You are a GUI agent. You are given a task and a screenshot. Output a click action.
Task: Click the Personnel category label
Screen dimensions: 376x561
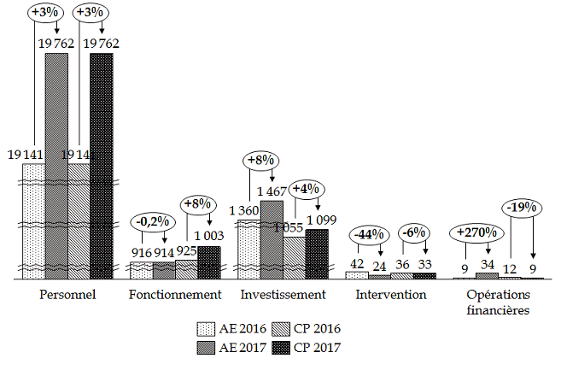click(68, 295)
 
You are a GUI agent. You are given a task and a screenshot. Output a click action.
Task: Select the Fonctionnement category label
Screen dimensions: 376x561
click(175, 295)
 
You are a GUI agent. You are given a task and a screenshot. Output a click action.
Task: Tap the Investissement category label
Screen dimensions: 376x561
click(283, 295)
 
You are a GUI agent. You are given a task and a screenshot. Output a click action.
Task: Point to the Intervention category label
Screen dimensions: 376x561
click(390, 295)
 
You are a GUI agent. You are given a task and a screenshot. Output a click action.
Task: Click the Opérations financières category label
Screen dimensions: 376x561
click(498, 302)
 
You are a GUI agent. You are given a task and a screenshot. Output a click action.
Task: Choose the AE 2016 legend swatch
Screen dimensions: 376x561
click(206, 329)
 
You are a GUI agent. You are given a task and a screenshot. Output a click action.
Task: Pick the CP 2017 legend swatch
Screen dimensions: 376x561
click(281, 348)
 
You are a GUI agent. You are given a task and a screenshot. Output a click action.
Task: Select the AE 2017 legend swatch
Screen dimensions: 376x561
click(206, 348)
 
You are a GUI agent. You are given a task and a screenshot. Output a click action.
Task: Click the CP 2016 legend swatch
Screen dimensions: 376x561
click(281, 329)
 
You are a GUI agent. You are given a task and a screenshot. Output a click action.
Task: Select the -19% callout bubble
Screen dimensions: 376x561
click(522, 206)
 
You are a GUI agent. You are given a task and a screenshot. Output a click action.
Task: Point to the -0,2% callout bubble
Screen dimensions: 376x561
click(153, 220)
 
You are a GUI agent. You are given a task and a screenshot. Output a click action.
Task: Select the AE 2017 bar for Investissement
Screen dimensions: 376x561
click(272, 239)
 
